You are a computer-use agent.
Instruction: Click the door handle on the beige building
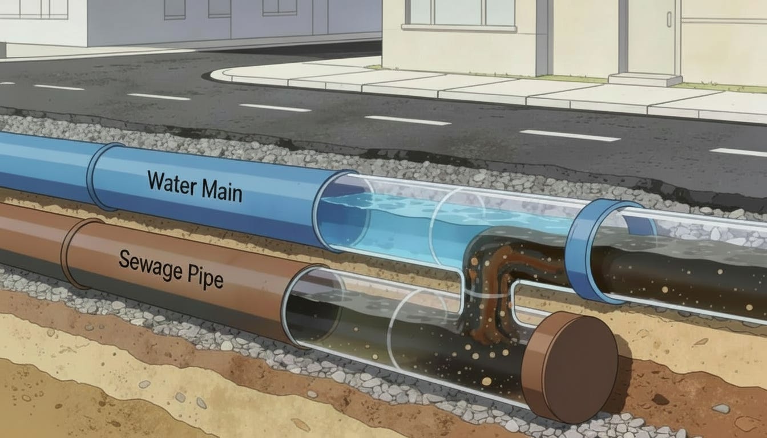coord(669,19)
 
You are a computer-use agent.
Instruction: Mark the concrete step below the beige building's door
coord(645,79)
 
